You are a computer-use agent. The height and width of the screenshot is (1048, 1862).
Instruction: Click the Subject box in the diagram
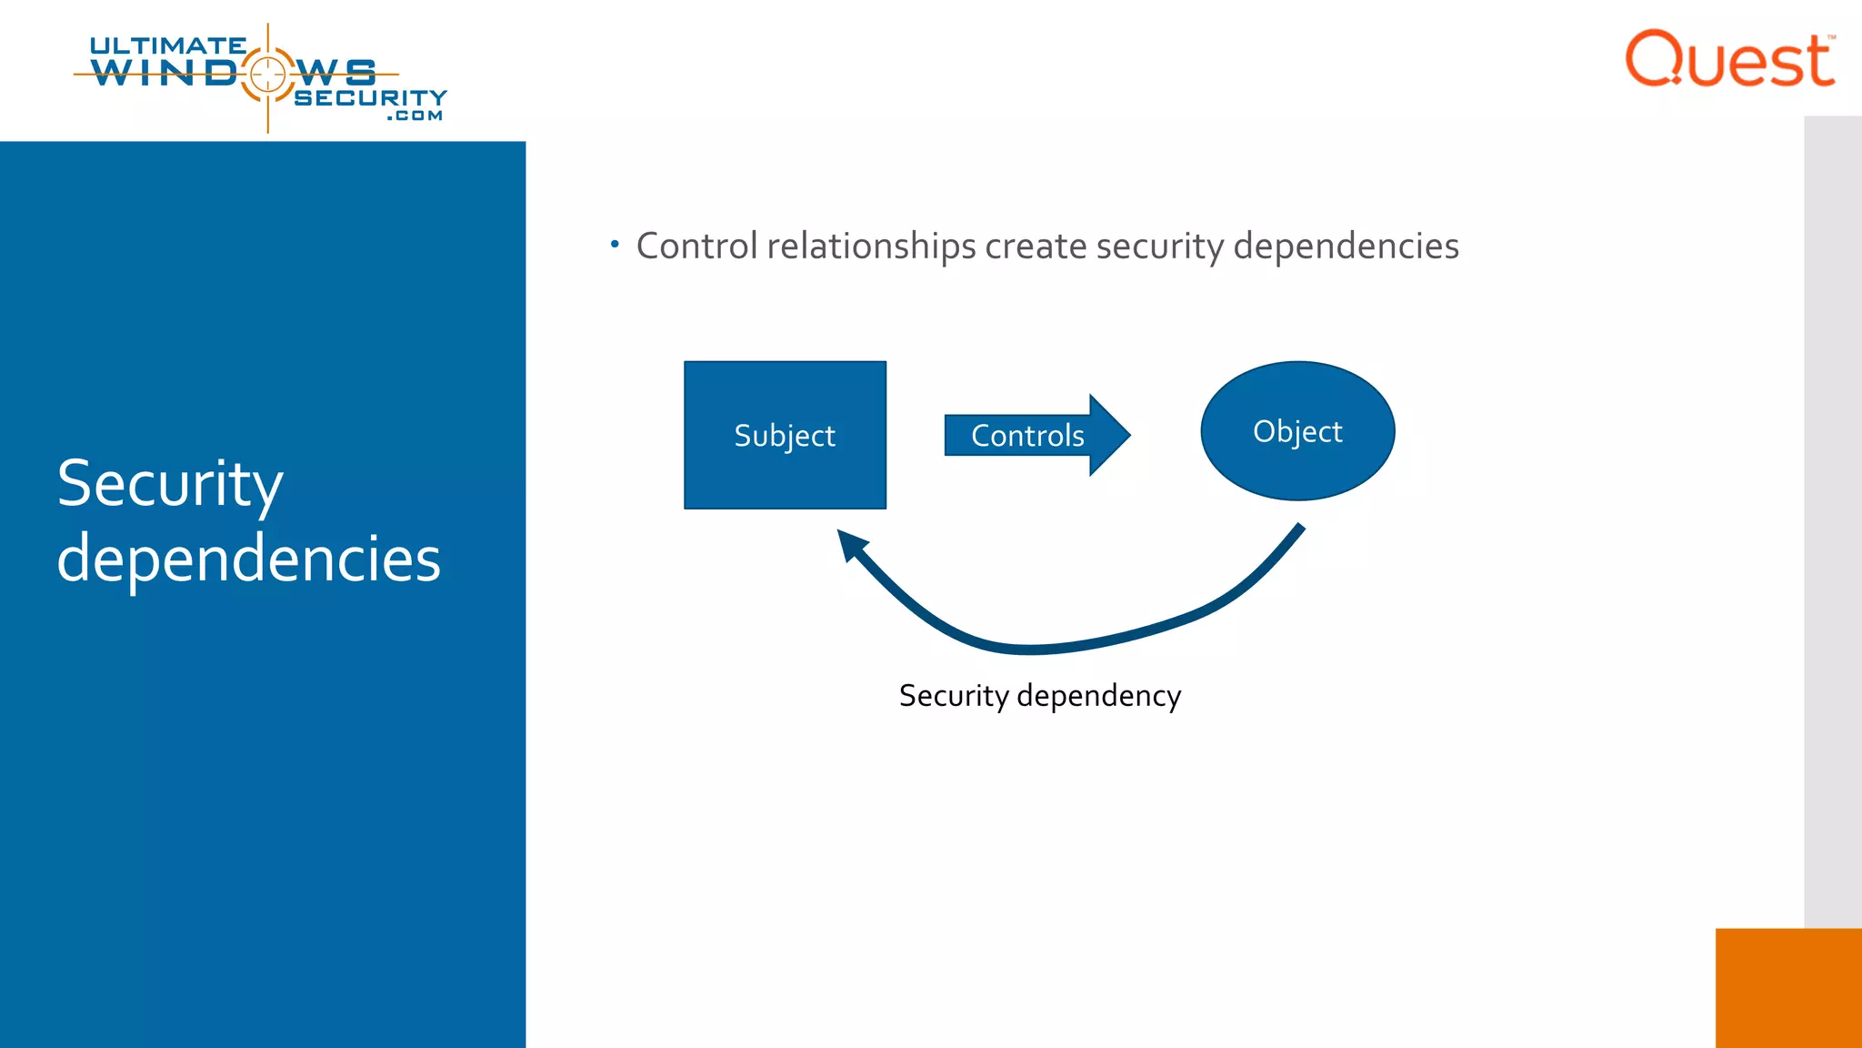pyautogui.click(x=785, y=435)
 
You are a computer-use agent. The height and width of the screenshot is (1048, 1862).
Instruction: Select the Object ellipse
pyautogui.click(x=1297, y=431)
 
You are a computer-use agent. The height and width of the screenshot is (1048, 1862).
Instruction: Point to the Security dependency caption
pyautogui.click(x=1039, y=696)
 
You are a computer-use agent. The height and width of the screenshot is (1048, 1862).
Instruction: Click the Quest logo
pyautogui.click(x=1729, y=60)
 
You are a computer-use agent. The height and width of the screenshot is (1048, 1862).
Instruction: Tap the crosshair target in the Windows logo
pyautogui.click(x=267, y=74)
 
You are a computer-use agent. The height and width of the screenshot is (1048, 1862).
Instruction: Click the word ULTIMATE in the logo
pyautogui.click(x=167, y=45)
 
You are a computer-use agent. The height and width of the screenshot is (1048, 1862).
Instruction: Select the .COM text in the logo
pyautogui.click(x=415, y=116)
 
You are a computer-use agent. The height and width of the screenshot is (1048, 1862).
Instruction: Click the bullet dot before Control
pyautogui.click(x=616, y=244)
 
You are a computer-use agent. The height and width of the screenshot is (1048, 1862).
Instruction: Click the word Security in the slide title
pyautogui.click(x=170, y=484)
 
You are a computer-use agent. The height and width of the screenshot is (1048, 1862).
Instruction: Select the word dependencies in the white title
pyautogui.click(x=248, y=559)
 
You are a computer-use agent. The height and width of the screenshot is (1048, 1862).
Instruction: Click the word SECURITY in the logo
pyautogui.click(x=370, y=97)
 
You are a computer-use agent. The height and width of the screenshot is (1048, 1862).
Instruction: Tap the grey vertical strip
pyautogui.click(x=1832, y=519)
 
